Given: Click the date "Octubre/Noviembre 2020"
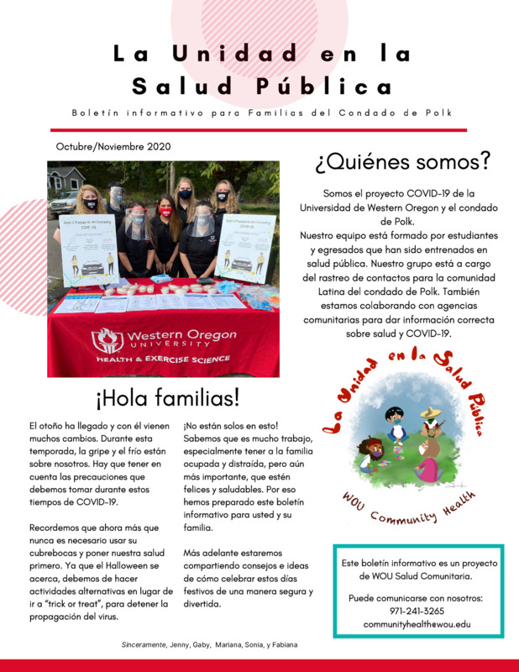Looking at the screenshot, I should (x=113, y=146).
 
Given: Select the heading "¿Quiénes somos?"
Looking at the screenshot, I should (x=402, y=160).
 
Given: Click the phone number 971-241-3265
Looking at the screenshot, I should (x=417, y=611).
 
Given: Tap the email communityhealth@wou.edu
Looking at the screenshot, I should (x=417, y=625).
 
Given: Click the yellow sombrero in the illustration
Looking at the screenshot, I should (x=429, y=414).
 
